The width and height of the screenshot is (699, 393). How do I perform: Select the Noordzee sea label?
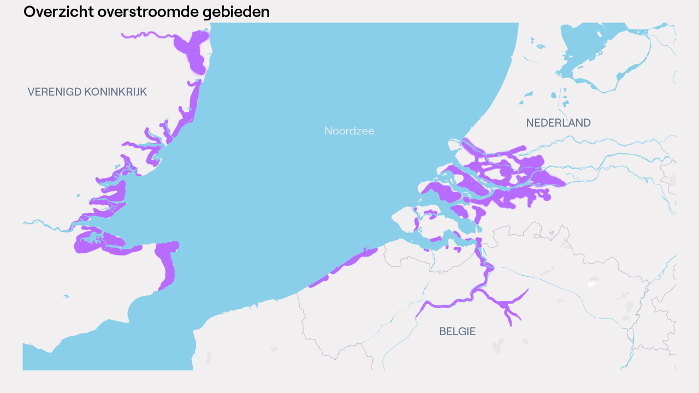click(349, 131)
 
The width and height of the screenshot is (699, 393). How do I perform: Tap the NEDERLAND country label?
click(558, 123)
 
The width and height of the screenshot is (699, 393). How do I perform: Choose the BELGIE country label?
click(457, 331)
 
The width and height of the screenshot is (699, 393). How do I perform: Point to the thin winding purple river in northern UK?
click(147, 35)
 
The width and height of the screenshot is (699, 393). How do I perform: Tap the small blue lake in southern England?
click(67, 296)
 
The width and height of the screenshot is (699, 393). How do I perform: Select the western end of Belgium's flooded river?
click(418, 315)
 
